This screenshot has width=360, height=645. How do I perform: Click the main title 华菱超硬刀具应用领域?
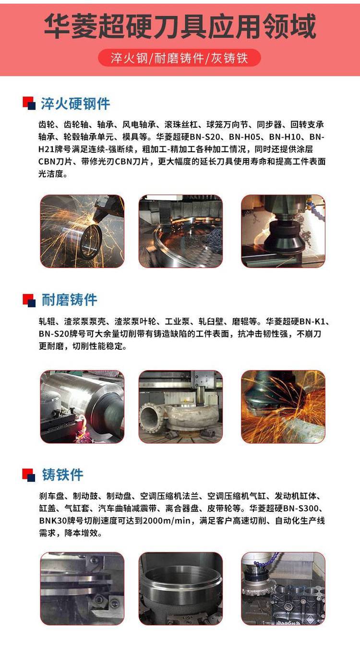[x=180, y=26]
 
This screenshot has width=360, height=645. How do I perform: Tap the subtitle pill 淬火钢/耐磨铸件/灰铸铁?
[x=180, y=58]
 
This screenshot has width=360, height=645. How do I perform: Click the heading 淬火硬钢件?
[x=75, y=104]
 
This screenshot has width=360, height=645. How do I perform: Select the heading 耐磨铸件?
[x=69, y=300]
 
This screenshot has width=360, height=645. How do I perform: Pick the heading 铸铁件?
[x=63, y=475]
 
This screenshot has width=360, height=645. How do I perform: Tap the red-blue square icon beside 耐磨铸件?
[x=29, y=300]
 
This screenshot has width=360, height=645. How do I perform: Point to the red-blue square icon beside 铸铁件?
[x=29, y=475]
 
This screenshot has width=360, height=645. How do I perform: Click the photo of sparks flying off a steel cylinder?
[x=82, y=231]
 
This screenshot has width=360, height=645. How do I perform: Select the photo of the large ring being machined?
[x=180, y=231]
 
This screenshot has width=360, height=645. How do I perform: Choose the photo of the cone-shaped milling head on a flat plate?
[x=283, y=231]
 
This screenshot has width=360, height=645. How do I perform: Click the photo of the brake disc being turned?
[x=82, y=589]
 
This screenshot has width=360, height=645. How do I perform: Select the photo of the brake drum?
[x=180, y=589]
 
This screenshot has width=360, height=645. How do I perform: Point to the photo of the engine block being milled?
[x=283, y=589]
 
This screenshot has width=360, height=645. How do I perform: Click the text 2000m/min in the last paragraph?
[x=167, y=521]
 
